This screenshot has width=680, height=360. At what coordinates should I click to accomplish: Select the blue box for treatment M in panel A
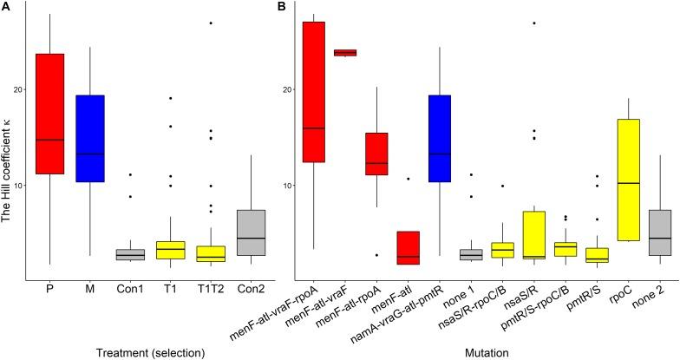click(x=90, y=139)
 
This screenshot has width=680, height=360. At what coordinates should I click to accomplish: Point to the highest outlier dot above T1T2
click(x=211, y=23)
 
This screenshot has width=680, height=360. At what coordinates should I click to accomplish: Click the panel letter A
click(x=5, y=7)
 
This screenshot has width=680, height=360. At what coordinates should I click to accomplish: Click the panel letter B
click(x=281, y=7)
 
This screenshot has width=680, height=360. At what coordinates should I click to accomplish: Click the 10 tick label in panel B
click(x=282, y=186)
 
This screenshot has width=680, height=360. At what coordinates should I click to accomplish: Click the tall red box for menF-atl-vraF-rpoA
click(x=313, y=92)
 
